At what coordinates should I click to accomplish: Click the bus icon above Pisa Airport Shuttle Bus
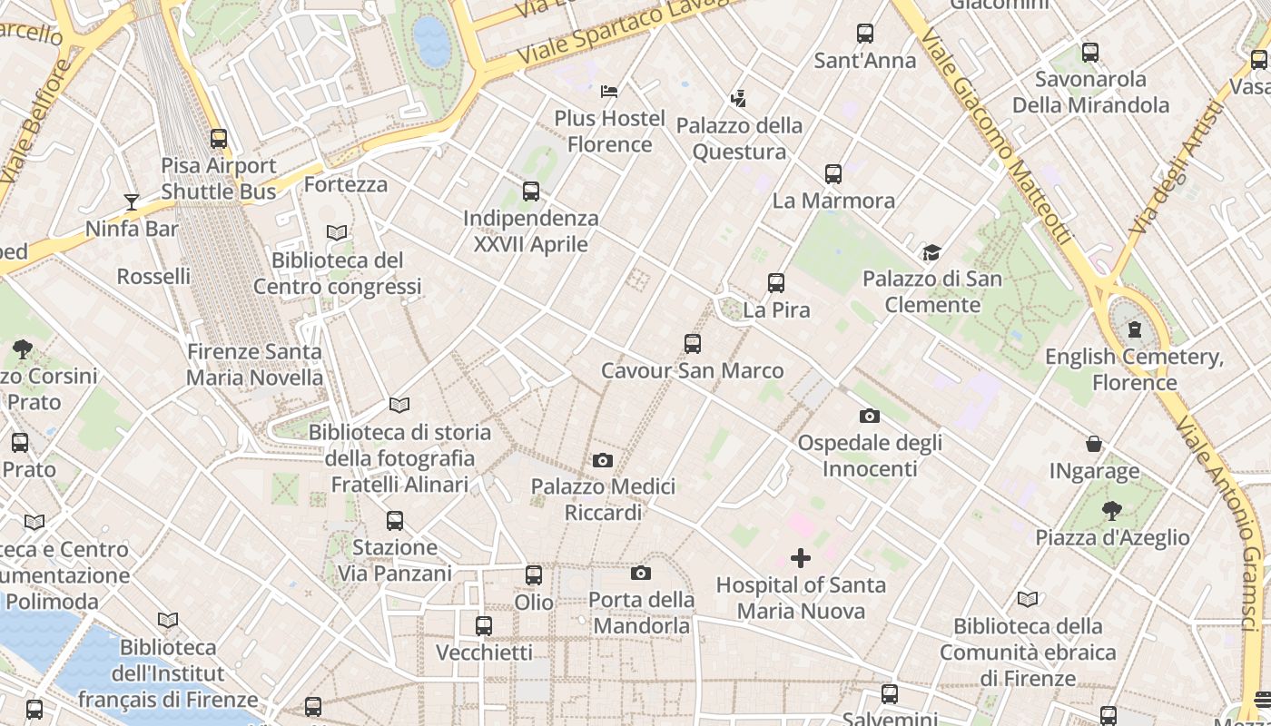click(x=219, y=139)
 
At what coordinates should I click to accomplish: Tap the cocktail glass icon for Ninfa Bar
click(x=132, y=202)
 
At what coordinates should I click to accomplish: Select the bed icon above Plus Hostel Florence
click(x=609, y=92)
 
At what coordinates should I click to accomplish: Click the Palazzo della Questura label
click(x=739, y=138)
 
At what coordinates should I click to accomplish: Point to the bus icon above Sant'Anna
click(x=865, y=34)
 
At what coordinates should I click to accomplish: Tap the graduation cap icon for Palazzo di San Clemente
click(x=931, y=252)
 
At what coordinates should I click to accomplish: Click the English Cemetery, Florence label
click(x=1134, y=369)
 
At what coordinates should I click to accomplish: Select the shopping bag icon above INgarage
click(x=1094, y=445)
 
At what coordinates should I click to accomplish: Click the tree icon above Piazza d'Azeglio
click(x=1112, y=511)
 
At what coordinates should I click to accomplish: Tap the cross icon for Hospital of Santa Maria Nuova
click(x=800, y=557)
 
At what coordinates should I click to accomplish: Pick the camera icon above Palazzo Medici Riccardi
click(x=603, y=461)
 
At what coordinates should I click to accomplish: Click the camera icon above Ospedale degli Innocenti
click(x=870, y=417)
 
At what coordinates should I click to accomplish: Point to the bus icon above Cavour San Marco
click(x=693, y=344)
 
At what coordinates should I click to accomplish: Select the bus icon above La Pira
click(x=776, y=283)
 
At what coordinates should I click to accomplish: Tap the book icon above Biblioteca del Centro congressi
click(x=337, y=233)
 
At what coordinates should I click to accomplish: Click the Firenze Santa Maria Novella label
click(x=254, y=364)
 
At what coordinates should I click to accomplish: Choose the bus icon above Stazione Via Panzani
click(x=395, y=521)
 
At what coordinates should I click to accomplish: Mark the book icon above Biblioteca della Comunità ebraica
click(x=1028, y=600)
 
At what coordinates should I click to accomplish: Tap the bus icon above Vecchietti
click(x=484, y=626)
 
